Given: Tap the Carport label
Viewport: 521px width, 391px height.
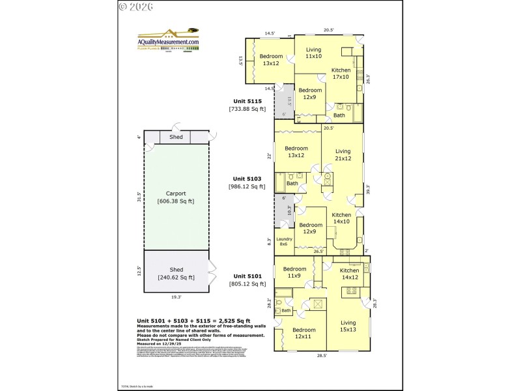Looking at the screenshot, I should [x=176, y=193].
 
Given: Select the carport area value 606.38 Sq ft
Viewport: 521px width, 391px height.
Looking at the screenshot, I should [x=176, y=201].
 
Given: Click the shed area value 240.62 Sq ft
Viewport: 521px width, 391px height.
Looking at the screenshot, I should [x=176, y=278].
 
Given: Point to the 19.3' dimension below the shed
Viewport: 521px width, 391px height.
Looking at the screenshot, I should [x=176, y=297].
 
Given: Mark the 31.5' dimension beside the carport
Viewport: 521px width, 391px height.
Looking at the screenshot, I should [x=139, y=197].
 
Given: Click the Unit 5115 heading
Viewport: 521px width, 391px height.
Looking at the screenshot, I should [x=247, y=101].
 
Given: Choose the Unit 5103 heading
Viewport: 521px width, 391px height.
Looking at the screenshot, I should [x=247, y=178].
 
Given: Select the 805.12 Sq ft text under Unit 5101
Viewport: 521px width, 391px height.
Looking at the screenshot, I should [x=247, y=283].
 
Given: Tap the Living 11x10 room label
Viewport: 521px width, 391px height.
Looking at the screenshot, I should [x=314, y=53].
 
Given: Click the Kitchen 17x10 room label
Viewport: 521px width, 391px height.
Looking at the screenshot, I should [x=341, y=73].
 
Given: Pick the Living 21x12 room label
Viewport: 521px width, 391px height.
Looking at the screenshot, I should [x=343, y=154].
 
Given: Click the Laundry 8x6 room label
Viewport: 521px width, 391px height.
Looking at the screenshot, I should [x=284, y=241].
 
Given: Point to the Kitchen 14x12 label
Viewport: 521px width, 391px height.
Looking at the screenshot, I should [x=349, y=274].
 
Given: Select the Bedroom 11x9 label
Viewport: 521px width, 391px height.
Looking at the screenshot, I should [x=294, y=272].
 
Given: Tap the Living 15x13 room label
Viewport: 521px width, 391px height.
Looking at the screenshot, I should [x=348, y=326].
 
